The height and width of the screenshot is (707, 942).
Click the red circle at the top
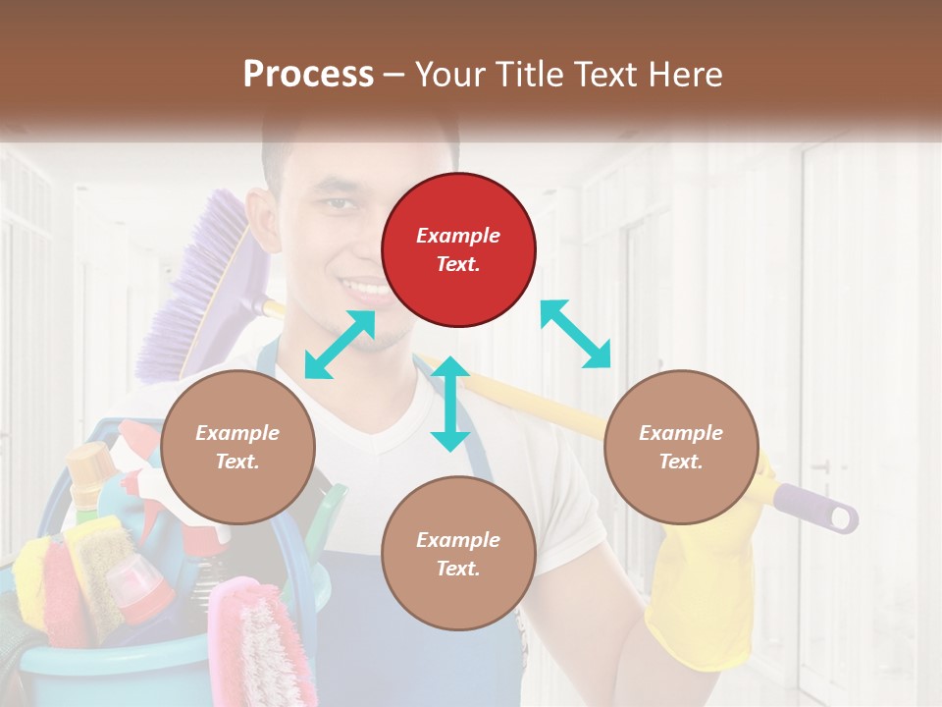click(x=458, y=250)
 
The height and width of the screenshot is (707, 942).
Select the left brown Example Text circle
click(x=237, y=447)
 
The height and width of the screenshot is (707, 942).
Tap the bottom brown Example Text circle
click(x=458, y=554)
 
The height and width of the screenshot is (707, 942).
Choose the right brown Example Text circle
click(x=681, y=447)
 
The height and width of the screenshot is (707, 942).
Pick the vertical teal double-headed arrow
click(x=450, y=404)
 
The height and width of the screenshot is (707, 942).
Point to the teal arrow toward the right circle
click(x=576, y=334)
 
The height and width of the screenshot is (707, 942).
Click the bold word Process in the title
click(x=308, y=74)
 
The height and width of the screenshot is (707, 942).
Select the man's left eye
click(x=339, y=203)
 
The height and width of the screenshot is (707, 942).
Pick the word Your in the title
click(x=447, y=75)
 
